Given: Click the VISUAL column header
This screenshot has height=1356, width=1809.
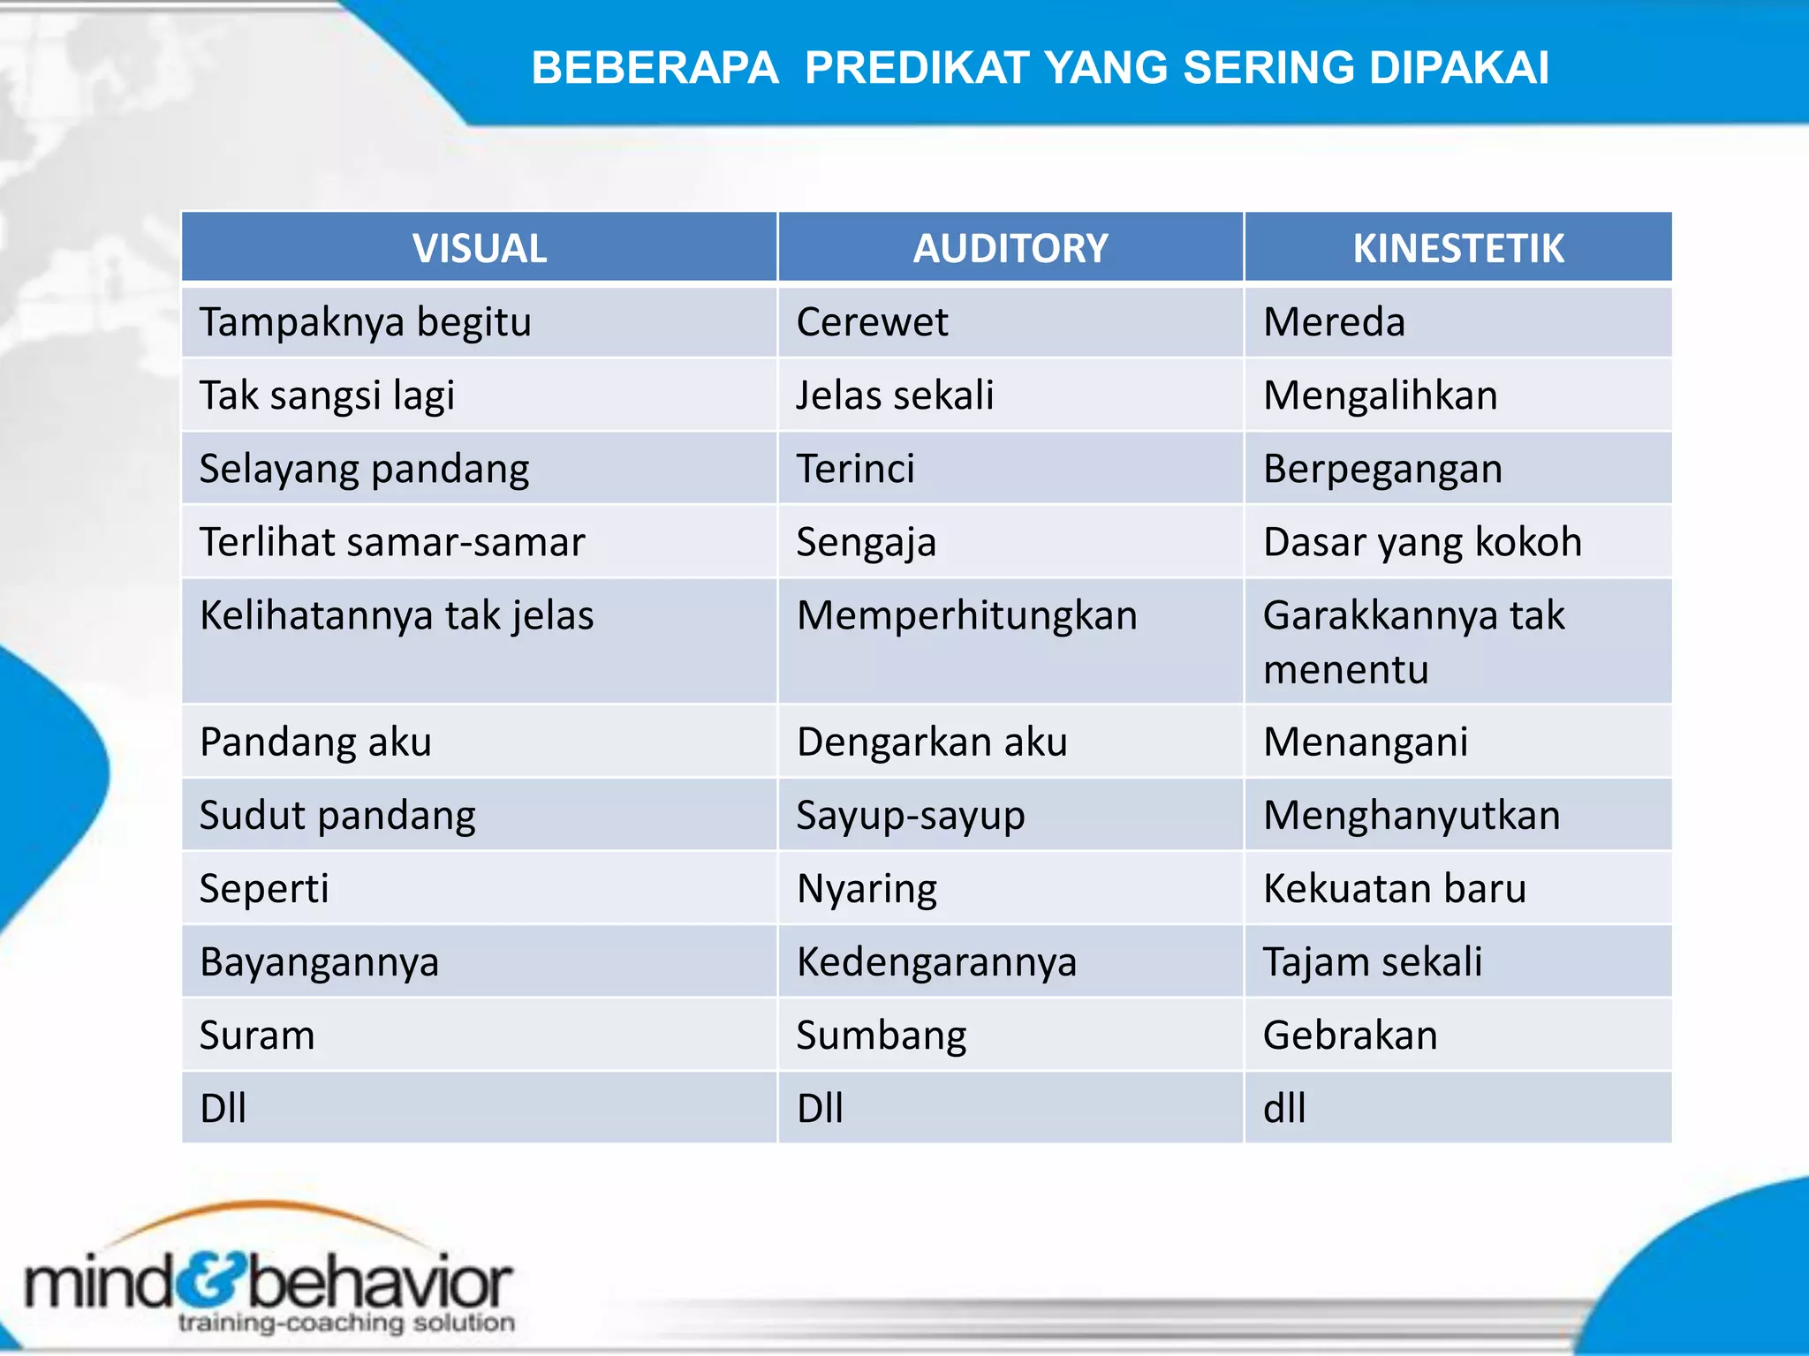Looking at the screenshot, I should pos(480,248).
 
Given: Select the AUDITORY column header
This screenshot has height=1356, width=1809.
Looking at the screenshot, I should pos(1010,248).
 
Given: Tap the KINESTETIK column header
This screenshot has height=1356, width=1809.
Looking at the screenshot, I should pos(1458,248).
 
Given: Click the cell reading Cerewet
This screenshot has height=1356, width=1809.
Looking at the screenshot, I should pos(872,322).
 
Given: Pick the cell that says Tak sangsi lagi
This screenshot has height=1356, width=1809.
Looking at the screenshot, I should pos(327,395).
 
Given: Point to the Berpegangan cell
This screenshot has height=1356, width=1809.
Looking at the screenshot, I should pos(1382,469).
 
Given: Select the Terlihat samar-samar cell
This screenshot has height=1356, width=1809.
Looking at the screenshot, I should pos(392,542).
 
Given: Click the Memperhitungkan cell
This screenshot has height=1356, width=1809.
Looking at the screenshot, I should pos(967,615).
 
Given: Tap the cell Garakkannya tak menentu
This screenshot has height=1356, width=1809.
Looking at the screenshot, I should pos(1413,642).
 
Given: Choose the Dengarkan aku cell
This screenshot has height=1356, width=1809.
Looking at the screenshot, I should pos(932,742).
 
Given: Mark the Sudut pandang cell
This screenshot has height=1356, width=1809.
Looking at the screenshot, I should pos(337,815).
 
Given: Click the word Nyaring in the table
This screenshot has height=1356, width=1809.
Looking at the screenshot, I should pos(867,888).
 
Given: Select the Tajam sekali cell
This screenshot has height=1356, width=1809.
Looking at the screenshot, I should pos(1373,961).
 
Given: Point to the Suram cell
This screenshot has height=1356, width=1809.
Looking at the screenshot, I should pos(257,1035).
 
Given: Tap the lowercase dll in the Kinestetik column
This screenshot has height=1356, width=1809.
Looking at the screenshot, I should pos(1284,1108).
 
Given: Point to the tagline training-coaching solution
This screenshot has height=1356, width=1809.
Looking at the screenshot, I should pos(346,1322).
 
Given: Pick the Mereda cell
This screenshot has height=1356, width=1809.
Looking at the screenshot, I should pos(1334,322).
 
